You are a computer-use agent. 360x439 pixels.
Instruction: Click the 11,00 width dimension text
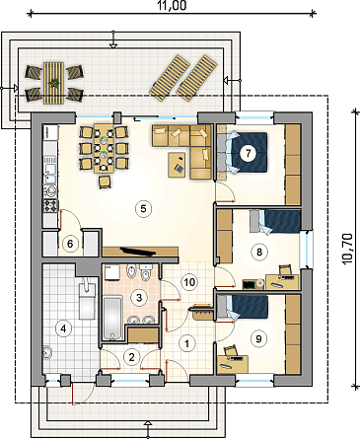tap(172, 6)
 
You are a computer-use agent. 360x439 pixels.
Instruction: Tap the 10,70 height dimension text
tap(347, 249)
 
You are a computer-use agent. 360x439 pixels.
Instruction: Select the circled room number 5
tap(143, 208)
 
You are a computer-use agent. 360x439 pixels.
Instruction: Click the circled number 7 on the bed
tap(248, 153)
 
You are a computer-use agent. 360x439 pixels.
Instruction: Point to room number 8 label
tap(259, 252)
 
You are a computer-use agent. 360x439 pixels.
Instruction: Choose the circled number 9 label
tap(258, 338)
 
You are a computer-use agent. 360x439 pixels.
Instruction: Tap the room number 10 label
tap(189, 282)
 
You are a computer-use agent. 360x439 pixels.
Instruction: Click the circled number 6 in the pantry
tap(70, 244)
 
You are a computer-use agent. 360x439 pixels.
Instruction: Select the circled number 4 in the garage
tap(63, 329)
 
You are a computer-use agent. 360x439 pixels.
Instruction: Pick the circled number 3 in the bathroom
tap(139, 298)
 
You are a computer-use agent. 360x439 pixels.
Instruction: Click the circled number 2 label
tap(132, 357)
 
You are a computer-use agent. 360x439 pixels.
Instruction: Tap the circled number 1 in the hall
tap(186, 344)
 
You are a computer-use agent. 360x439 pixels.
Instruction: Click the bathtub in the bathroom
tap(112, 318)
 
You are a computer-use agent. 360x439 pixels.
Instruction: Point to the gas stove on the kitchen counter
tap(51, 205)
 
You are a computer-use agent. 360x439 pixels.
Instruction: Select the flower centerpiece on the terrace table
tap(53, 83)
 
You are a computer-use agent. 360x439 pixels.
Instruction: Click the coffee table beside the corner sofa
tap(177, 165)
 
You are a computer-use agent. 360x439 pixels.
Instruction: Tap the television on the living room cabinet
tap(138, 252)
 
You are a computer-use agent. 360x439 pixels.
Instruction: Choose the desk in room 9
tap(233, 364)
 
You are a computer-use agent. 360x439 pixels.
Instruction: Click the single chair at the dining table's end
tap(105, 182)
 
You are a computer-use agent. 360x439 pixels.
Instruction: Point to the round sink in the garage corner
tap(48, 352)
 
